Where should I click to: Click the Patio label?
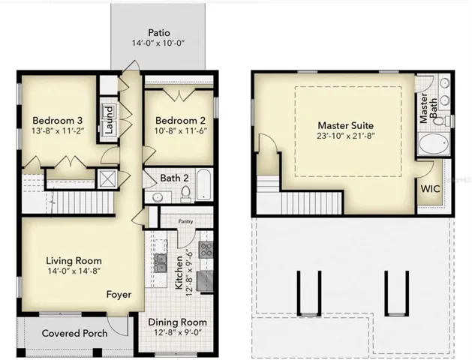tap(158, 33)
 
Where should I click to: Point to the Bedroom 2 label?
tap(180, 121)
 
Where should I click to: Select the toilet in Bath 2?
tap(185, 194)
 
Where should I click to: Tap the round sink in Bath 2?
tap(158, 197)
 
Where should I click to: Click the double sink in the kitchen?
tap(160, 262)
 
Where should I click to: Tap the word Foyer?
tap(119, 295)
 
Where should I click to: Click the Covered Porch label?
tap(74, 333)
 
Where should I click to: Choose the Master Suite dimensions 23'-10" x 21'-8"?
tap(345, 136)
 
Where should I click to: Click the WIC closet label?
tap(431, 190)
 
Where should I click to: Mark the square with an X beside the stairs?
tap(108, 178)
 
